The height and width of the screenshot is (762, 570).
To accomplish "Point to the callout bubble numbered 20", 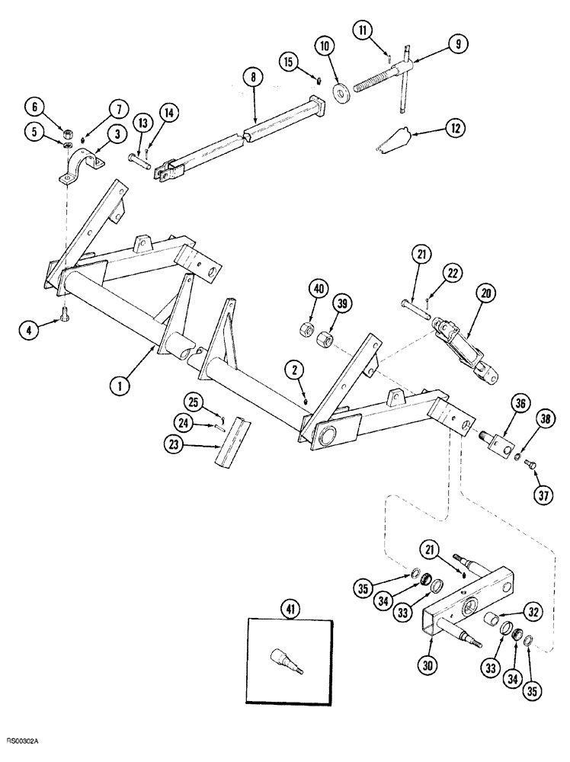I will (x=485, y=294).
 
